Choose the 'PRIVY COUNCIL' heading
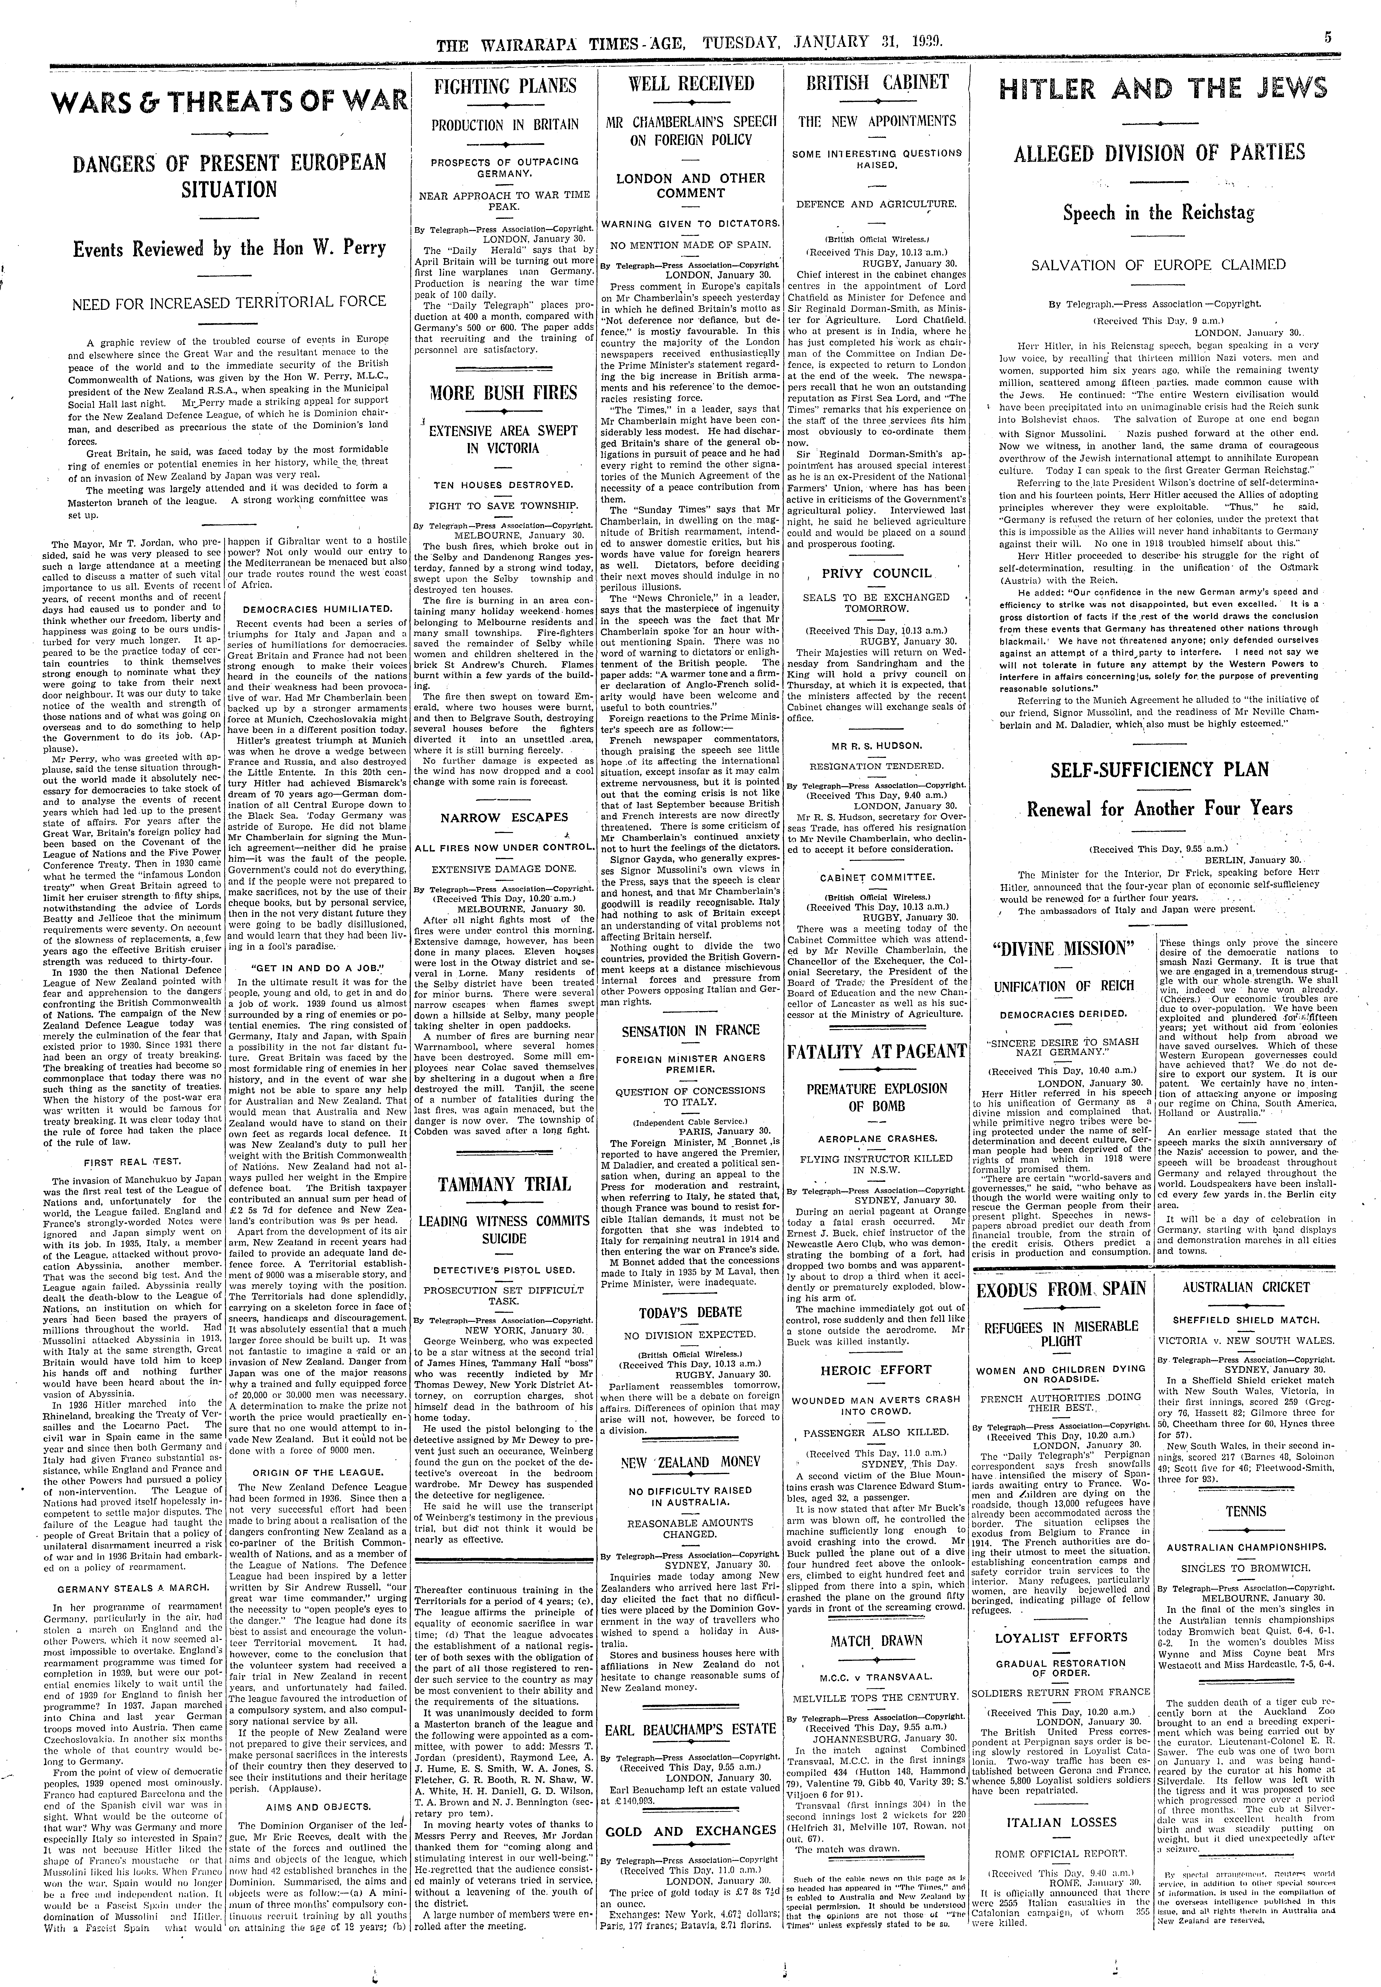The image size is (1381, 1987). tap(877, 573)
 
